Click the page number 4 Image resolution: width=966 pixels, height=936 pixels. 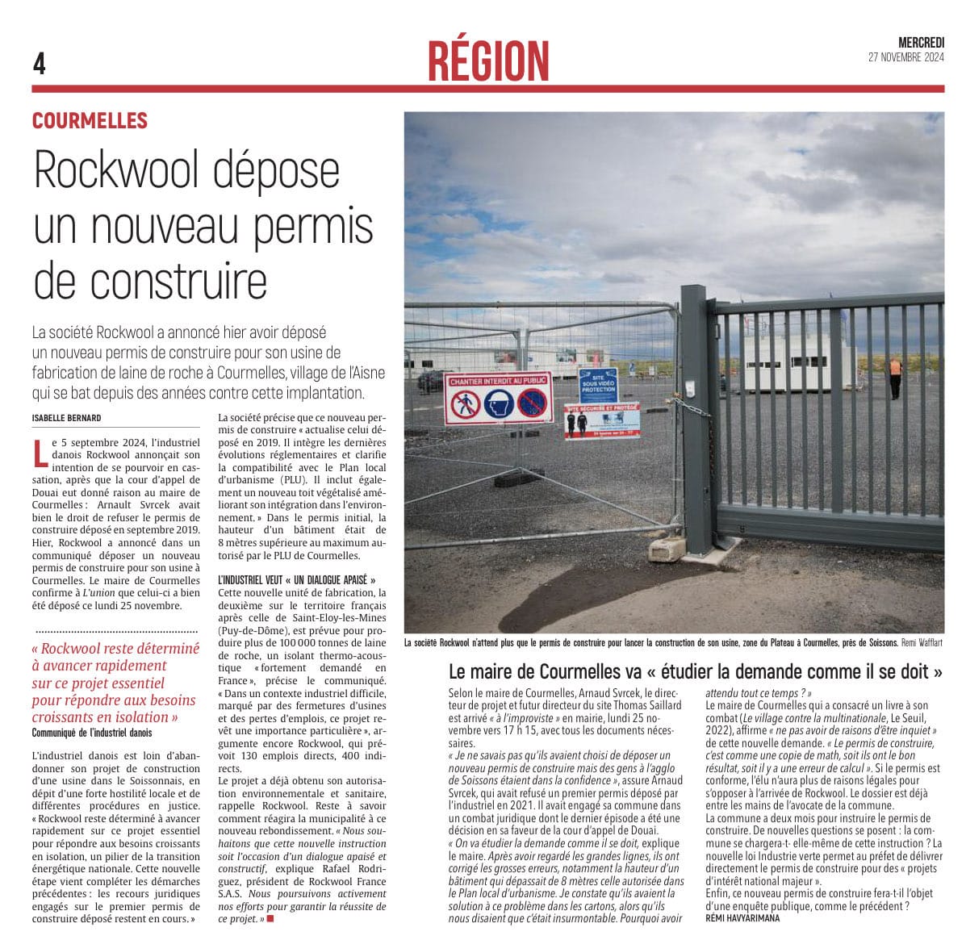[39, 63]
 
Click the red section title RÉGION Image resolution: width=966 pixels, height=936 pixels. [488, 61]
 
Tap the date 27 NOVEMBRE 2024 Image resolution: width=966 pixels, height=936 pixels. [905, 57]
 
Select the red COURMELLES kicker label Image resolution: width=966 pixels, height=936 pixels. [90, 121]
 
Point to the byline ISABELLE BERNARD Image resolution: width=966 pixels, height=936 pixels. [67, 418]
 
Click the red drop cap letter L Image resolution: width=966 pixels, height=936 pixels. [40, 454]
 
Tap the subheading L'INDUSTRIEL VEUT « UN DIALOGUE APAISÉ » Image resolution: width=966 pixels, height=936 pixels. [297, 579]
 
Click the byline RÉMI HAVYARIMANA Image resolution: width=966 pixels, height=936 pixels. [742, 918]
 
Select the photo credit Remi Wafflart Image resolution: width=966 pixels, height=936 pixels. [922, 643]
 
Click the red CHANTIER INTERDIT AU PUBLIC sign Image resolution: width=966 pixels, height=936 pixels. [498, 398]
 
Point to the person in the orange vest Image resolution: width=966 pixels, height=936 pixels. [895, 377]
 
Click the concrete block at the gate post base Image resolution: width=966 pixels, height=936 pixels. [667, 550]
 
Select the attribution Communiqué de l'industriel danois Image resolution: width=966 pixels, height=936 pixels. [92, 733]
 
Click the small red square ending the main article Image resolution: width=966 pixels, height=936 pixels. [270, 919]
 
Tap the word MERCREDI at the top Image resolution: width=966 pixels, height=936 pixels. [921, 43]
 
